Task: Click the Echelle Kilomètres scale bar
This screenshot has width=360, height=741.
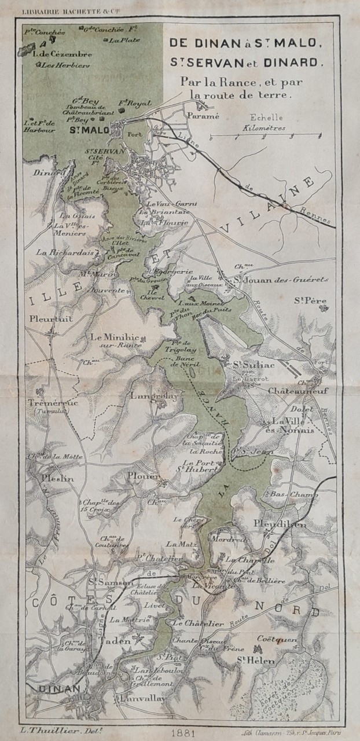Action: coord(265,137)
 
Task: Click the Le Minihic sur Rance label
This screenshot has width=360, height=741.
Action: coord(116,340)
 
